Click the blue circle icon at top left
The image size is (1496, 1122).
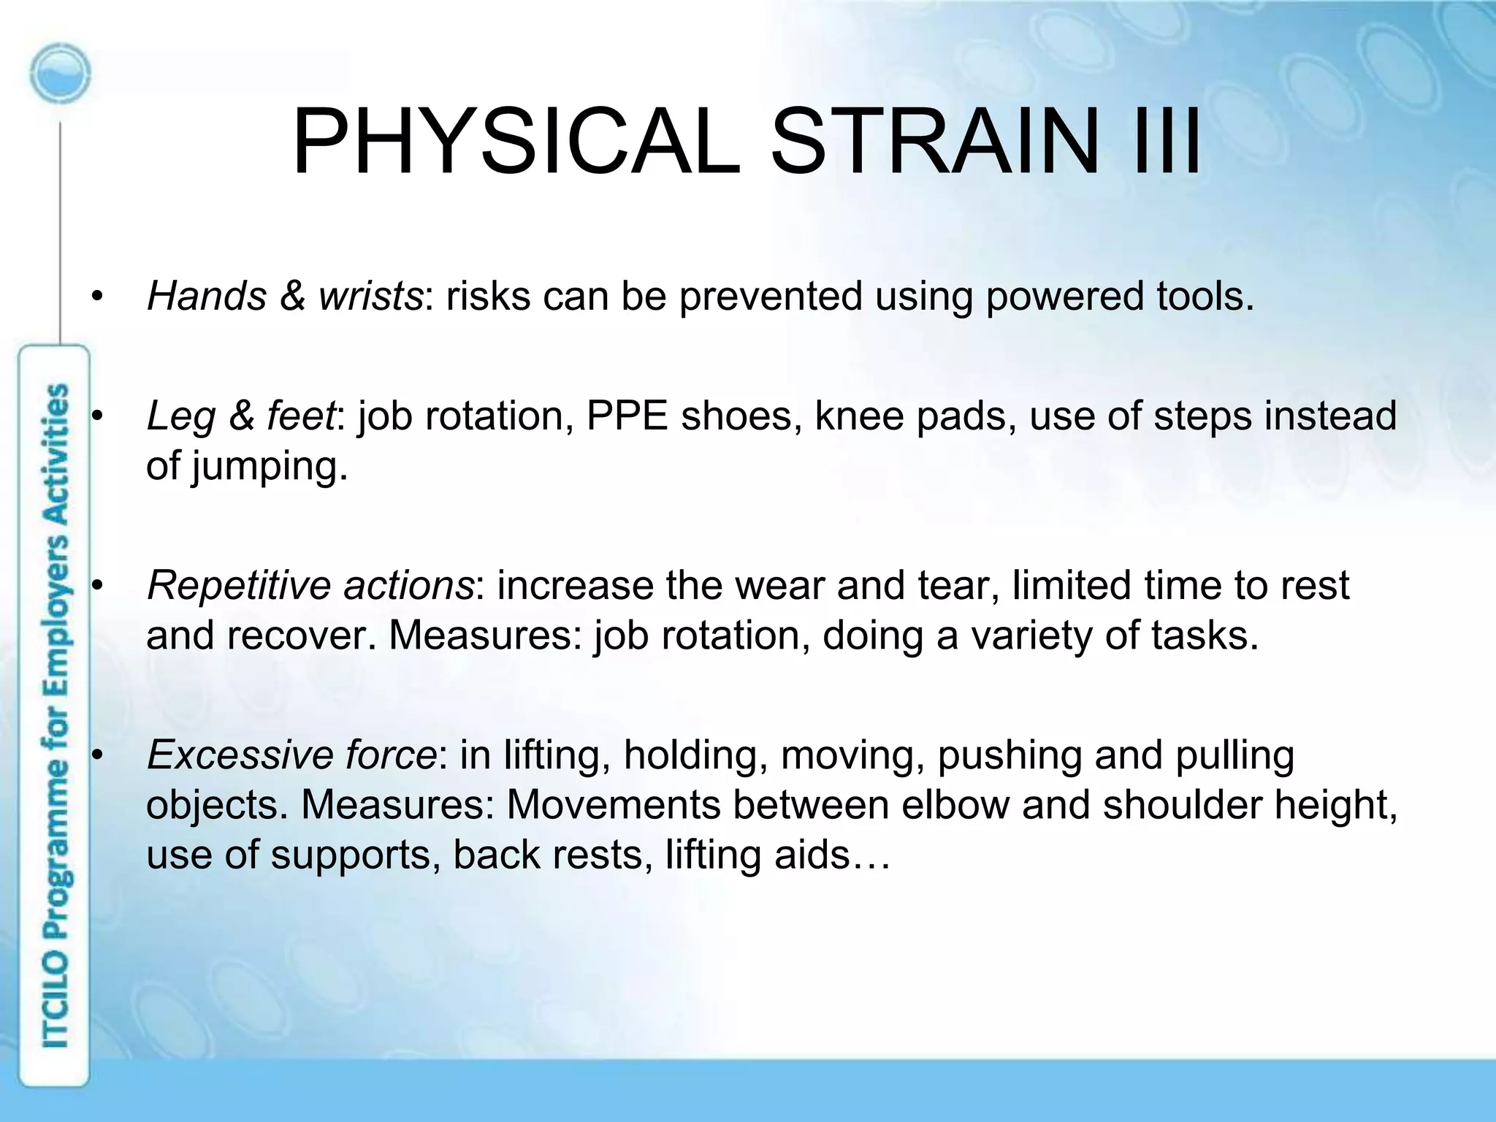61,73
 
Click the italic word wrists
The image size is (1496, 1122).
370,297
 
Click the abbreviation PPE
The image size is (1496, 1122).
627,416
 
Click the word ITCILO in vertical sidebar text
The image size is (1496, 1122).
56,1001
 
